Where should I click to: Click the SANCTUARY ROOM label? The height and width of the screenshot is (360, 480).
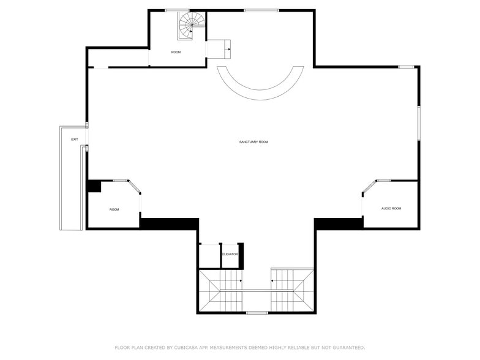(253, 142)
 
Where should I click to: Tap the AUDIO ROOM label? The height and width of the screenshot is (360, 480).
(391, 209)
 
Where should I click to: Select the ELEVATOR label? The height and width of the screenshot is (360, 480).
(230, 254)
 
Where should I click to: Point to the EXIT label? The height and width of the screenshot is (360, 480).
(75, 140)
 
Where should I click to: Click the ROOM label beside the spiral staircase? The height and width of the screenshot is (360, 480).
(176, 53)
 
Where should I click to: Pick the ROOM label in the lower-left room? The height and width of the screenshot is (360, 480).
(114, 209)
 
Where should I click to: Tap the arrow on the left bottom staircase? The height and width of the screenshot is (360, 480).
(241, 281)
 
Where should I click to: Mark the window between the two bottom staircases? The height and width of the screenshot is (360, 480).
(257, 313)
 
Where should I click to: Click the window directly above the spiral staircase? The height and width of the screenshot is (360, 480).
(177, 10)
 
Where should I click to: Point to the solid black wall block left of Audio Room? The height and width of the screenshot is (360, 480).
(339, 223)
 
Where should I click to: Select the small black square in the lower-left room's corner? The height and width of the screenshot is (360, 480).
(94, 186)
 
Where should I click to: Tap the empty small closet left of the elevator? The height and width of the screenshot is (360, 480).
(209, 256)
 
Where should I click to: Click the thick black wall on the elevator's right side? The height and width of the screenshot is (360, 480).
(241, 255)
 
